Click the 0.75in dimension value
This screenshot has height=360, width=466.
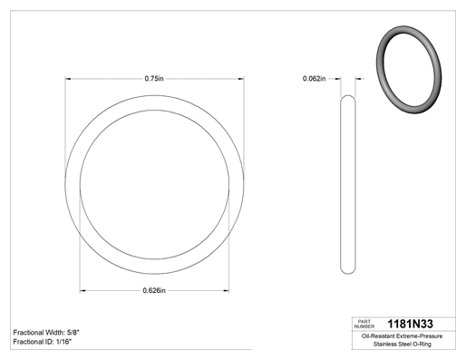[x=154, y=79]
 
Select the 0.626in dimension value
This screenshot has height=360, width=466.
[x=154, y=290]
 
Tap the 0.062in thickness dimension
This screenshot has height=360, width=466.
[x=315, y=79]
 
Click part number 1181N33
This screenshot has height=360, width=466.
[x=410, y=324]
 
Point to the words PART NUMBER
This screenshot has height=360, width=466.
[x=364, y=324]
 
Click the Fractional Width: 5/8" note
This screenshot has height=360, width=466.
[x=46, y=333]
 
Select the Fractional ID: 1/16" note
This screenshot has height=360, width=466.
[x=43, y=342]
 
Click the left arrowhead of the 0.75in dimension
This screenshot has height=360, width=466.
[x=68, y=79]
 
